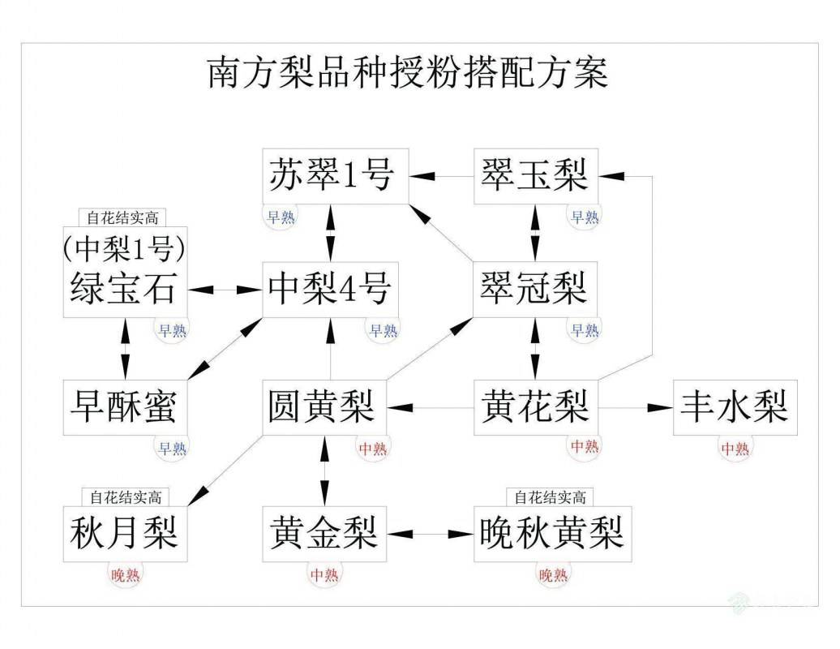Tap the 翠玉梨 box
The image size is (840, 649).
tap(535, 176)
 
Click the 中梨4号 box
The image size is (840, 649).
tap(331, 289)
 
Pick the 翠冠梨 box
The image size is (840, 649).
tap(535, 289)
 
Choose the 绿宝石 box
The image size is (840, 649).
tap(125, 273)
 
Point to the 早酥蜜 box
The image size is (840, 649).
tap(125, 406)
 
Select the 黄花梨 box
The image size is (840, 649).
tap(535, 406)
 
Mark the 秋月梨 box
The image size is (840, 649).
tap(125, 533)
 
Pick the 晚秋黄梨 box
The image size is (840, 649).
tap(551, 533)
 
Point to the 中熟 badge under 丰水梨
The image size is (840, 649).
tap(735, 448)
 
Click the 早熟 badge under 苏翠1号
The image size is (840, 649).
tap(283, 217)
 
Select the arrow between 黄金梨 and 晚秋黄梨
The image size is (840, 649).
tap(431, 534)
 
